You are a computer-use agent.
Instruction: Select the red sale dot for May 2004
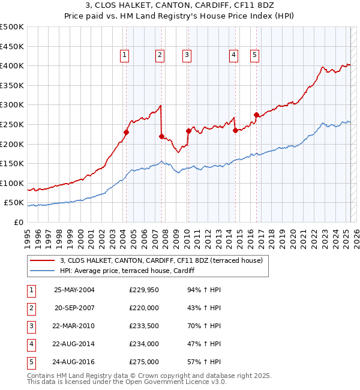point(127,132)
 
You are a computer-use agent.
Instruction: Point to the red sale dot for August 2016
point(256,115)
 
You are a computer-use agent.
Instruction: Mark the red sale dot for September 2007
point(161,136)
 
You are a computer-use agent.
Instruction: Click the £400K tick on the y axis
point(13,65)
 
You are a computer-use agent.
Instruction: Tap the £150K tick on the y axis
point(13,163)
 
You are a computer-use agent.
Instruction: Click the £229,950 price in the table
point(144,290)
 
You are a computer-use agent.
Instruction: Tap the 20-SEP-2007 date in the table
point(74,308)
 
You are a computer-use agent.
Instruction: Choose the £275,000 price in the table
point(144,362)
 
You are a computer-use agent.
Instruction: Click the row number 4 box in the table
point(31,344)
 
